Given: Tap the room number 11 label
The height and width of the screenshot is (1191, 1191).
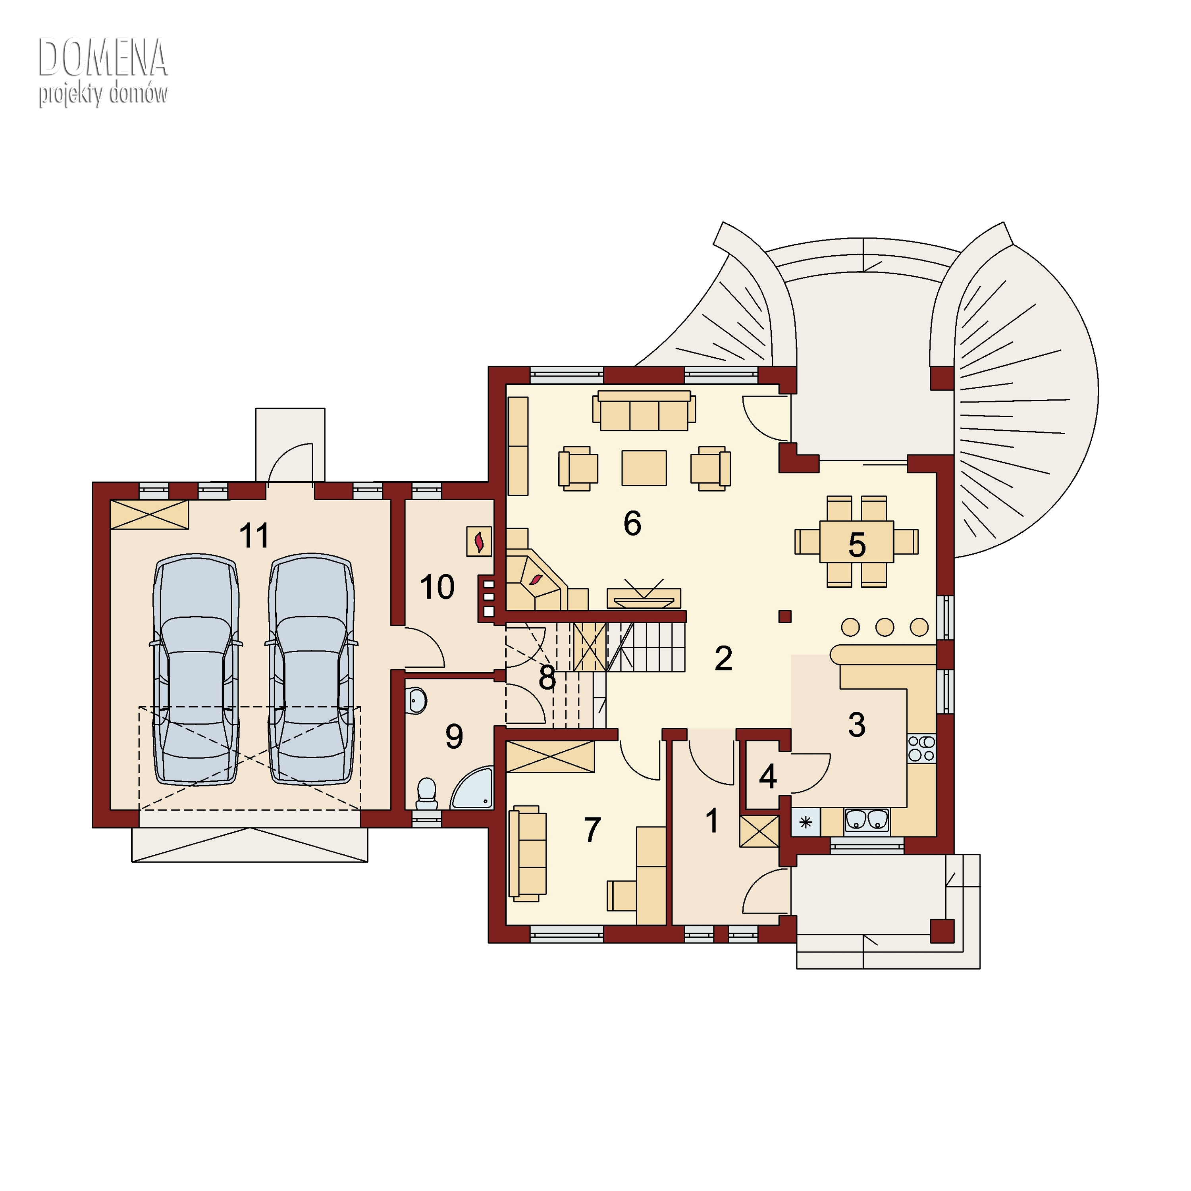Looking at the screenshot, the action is pos(254,536).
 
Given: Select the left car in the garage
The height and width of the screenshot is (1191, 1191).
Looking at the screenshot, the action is pos(196,669).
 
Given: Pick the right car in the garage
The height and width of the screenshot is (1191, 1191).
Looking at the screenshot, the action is pos(311,669).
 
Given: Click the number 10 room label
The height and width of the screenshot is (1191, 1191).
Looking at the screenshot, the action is pos(437,587).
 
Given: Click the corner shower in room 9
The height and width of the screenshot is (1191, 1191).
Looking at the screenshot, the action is pos(474,788).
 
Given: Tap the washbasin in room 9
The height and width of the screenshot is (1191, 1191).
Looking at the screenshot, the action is pos(417,701).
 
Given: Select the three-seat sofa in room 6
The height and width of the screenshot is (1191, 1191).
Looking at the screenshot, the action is pos(644,410).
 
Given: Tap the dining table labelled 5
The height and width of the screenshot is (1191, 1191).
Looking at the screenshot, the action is pos(857,542).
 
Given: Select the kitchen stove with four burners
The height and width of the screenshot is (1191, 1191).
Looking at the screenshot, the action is pos(921,748).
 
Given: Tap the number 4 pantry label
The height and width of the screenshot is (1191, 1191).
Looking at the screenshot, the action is pos(767,777).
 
